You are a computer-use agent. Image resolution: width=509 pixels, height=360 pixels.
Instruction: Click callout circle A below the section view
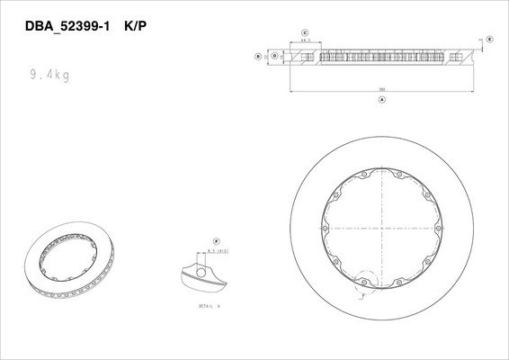(x=383, y=101)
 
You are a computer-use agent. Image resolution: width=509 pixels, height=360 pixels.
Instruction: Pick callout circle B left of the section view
(x=259, y=56)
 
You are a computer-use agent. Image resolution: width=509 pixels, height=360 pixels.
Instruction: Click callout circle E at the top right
(x=490, y=40)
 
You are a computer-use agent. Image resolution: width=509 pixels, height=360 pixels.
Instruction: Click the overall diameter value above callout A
(x=382, y=91)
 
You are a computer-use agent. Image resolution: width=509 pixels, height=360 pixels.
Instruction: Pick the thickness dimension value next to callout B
(x=266, y=56)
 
